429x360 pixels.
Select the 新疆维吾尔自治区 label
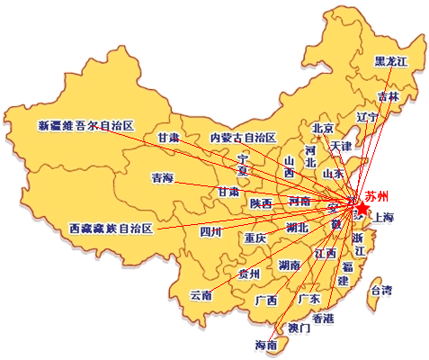pyautogui.click(x=86, y=124)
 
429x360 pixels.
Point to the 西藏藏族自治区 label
pyautogui.click(x=112, y=229)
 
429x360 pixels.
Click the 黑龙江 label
pyautogui.click(x=391, y=61)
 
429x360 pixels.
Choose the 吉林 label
pyautogui.click(x=389, y=96)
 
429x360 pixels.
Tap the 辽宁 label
pyautogui.click(x=367, y=117)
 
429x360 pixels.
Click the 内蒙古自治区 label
pyautogui.click(x=243, y=138)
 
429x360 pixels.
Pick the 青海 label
pyautogui.click(x=162, y=178)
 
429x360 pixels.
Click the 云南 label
pyautogui.click(x=201, y=295)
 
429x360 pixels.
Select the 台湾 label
pyautogui.click(x=381, y=290)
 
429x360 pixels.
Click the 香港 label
pyautogui.click(x=322, y=319)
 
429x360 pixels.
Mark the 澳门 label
pyautogui.click(x=299, y=328)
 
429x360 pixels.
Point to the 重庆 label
pyautogui.click(x=255, y=238)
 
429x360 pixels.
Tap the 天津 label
pyautogui.click(x=341, y=145)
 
